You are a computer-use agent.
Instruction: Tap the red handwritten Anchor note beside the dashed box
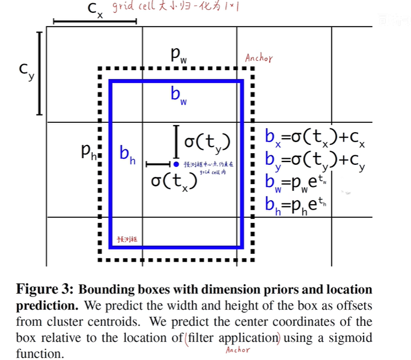(x=259, y=58)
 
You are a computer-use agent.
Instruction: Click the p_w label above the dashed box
(x=178, y=55)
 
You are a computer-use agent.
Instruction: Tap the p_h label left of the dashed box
(x=88, y=152)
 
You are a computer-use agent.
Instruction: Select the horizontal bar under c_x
(x=94, y=22)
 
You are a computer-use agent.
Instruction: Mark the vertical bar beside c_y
(x=40, y=74)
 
